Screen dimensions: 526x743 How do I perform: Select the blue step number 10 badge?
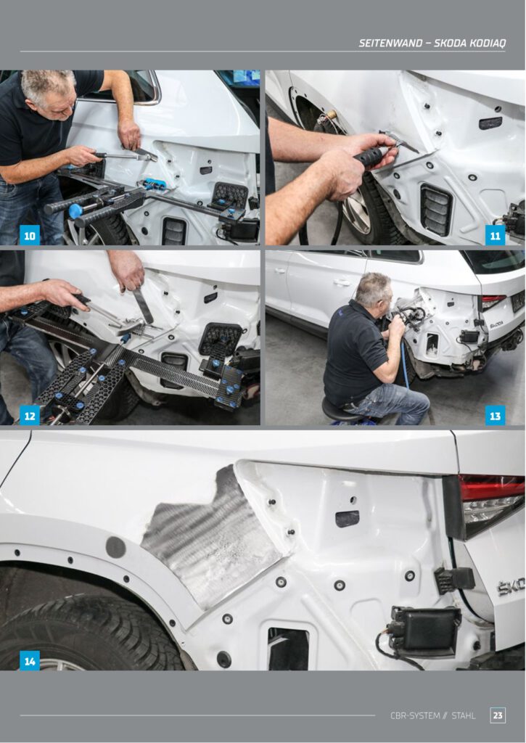pos(29,235)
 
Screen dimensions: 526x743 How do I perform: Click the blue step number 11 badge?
pos(496,235)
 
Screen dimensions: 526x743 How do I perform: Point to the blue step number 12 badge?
pos(29,415)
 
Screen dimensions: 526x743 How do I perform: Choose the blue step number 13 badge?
pos(496,415)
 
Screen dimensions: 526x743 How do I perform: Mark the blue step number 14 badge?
pos(29,660)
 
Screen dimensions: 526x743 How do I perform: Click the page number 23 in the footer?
pos(498,715)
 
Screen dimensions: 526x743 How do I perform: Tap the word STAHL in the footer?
pos(464,715)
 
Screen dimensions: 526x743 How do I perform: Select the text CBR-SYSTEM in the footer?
pos(415,715)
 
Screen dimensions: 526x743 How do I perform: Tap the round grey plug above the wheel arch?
pos(115,547)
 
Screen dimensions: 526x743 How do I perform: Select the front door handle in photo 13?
pos(340,283)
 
